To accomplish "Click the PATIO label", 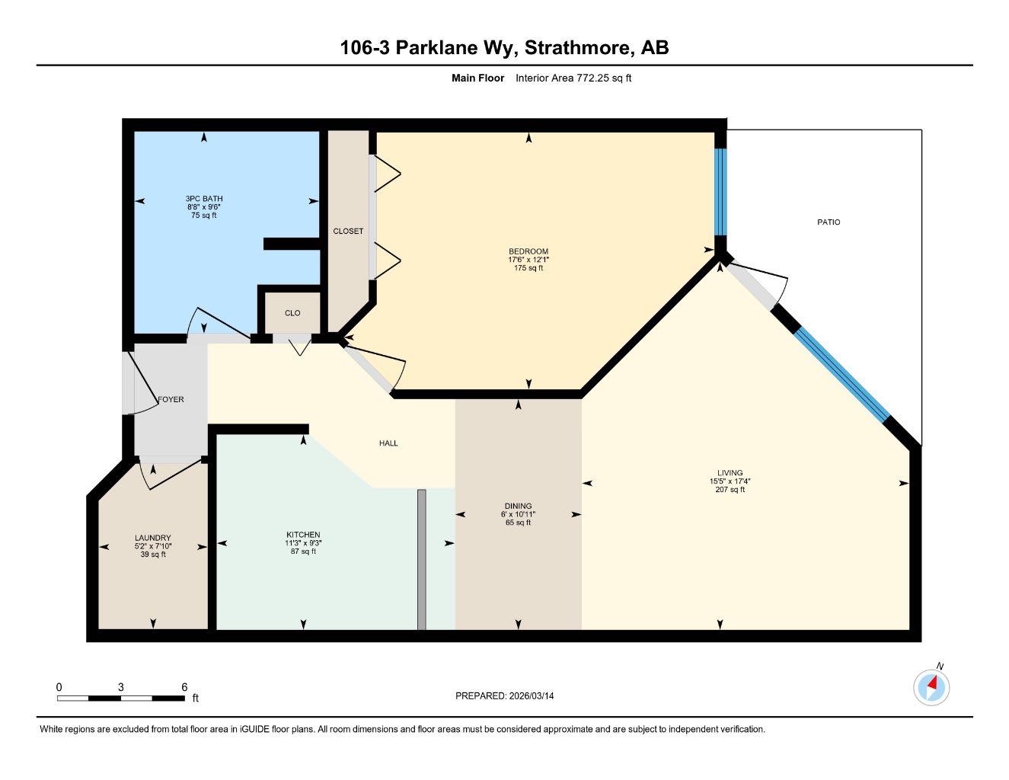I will pos(829,222).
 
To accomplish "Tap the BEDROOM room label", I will pos(528,251).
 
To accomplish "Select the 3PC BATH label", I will pos(203,199).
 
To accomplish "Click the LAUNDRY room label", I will pos(152,538).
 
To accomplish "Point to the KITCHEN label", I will pos(302,535).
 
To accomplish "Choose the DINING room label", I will pos(518,506).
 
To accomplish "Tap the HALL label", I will pos(388,443).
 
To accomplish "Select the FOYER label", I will pos(171,399).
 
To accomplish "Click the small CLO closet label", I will pos(292,313).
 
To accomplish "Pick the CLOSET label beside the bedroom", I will pos(348,231).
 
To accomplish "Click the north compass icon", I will pos(931,687).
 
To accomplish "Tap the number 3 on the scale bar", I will pos(120,687).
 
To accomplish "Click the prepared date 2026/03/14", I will pos(532,695).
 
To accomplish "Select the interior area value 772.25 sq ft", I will pos(603,78).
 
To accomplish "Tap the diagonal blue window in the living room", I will pos(842,363).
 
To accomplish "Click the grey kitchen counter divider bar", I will pos(421,559).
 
